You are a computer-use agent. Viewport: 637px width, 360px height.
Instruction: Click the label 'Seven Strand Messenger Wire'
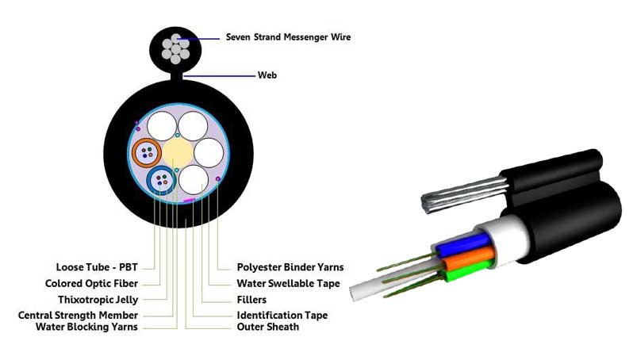click(288, 37)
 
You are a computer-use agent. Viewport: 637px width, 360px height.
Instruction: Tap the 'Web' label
click(267, 75)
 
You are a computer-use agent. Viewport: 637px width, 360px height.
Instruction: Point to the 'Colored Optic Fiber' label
click(92, 283)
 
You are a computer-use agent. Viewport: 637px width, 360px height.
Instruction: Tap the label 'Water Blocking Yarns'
click(87, 327)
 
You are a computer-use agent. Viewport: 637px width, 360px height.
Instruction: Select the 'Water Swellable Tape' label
click(288, 283)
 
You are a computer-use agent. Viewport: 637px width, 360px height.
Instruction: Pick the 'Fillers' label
click(251, 300)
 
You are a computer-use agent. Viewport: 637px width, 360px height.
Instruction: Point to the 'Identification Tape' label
click(282, 316)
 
